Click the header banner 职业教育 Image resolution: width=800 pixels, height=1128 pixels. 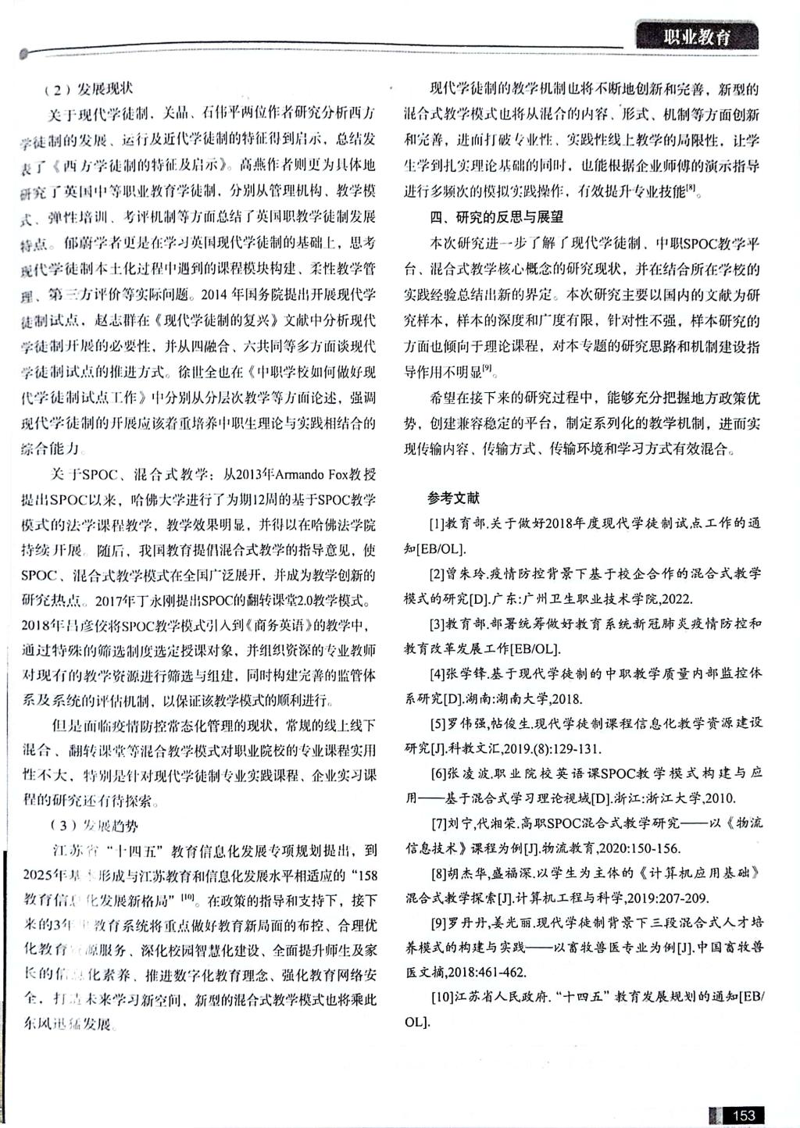click(x=696, y=37)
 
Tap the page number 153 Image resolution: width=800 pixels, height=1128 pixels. click(x=743, y=1115)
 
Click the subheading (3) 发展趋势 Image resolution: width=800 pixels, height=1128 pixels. click(x=93, y=826)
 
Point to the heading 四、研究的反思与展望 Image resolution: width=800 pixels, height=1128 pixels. click(x=496, y=216)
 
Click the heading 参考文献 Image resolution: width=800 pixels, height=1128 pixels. click(x=453, y=498)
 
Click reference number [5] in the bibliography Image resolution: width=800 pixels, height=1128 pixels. click(x=437, y=723)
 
